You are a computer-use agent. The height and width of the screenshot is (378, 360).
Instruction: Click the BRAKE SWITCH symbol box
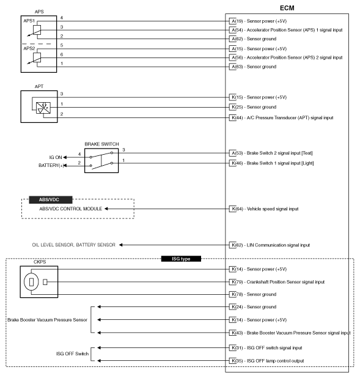(101, 160)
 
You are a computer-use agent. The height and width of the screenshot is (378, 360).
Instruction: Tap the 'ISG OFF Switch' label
(65, 353)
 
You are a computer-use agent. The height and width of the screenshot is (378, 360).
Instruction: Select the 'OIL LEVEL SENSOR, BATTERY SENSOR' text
(73, 245)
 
